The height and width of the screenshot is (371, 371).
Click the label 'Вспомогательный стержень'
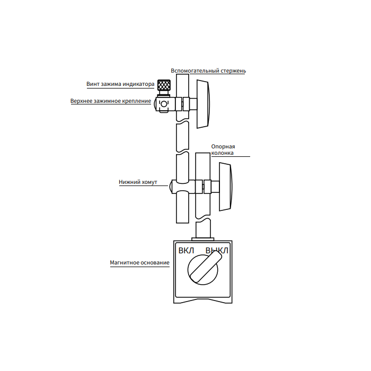point(208,70)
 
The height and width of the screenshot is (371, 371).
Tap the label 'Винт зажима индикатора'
point(120,84)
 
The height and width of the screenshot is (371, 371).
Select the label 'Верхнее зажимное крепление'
point(111,101)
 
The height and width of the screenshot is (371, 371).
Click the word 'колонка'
point(222,153)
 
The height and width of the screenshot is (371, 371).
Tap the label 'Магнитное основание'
point(139,262)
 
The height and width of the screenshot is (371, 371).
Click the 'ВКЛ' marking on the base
point(187,250)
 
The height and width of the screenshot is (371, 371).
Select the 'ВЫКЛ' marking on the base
point(217,250)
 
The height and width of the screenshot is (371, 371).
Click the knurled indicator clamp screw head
point(163,86)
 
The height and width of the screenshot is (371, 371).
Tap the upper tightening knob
point(203,104)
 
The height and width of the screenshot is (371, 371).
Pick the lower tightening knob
point(225,186)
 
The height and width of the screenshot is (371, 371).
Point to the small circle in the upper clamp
point(164,103)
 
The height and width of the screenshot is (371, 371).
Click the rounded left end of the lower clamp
point(171,187)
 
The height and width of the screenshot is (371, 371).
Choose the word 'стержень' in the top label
point(233,70)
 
